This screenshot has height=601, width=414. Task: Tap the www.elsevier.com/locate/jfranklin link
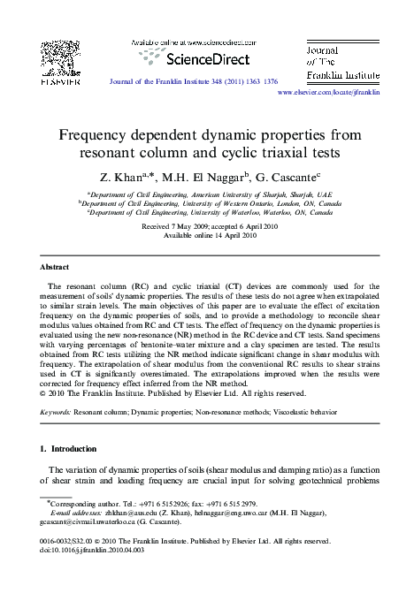[x=328, y=91]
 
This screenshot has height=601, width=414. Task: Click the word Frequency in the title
[x=96, y=136]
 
